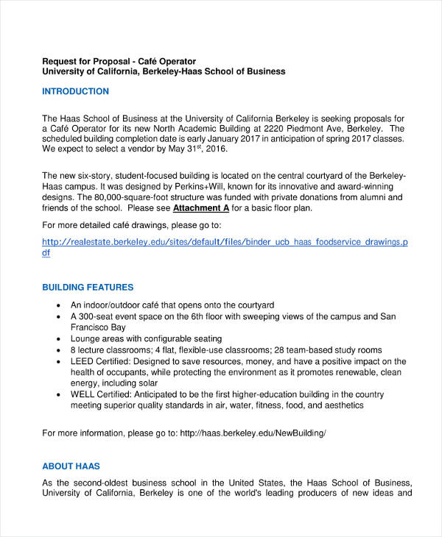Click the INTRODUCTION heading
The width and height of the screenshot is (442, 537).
tap(75, 91)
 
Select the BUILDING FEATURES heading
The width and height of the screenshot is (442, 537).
tap(88, 287)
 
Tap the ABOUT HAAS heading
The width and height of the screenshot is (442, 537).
tap(71, 466)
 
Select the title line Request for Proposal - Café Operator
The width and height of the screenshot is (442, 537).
tap(129, 60)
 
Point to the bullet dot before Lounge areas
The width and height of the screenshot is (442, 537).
tap(59, 339)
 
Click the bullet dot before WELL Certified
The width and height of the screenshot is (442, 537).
tap(59, 394)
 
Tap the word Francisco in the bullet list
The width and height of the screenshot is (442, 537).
tap(92, 327)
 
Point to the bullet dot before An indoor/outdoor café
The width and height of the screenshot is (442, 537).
tap(59, 305)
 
